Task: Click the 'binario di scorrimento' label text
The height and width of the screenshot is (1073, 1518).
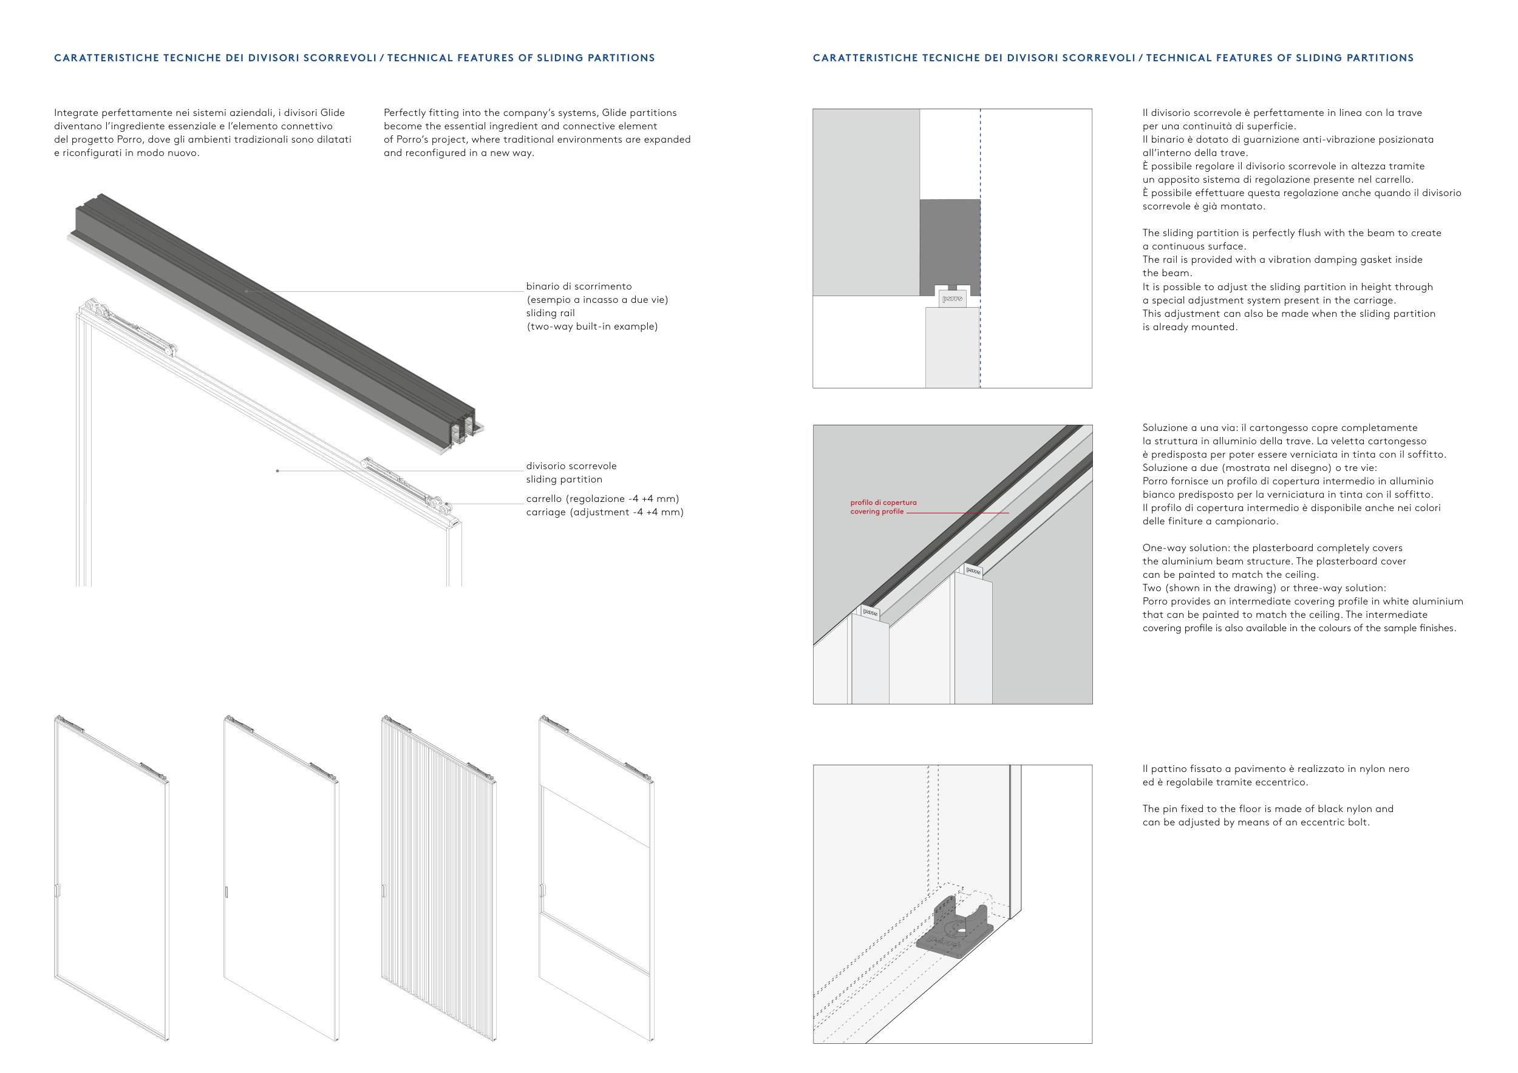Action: [579, 286]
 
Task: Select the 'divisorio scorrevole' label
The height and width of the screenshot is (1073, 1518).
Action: [571, 466]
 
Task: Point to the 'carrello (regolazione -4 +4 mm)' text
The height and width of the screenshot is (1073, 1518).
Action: [602, 499]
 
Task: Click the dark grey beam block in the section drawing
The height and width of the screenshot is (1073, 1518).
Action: [950, 246]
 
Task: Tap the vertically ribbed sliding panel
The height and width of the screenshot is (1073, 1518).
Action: [438, 879]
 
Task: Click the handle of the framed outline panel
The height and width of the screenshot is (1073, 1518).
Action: [58, 890]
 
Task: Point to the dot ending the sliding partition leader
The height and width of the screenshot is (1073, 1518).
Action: [277, 471]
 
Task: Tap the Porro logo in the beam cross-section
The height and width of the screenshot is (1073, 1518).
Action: [952, 299]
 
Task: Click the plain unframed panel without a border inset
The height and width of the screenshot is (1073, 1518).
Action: [281, 879]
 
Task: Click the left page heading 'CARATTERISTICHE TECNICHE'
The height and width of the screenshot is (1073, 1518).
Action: [138, 58]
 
